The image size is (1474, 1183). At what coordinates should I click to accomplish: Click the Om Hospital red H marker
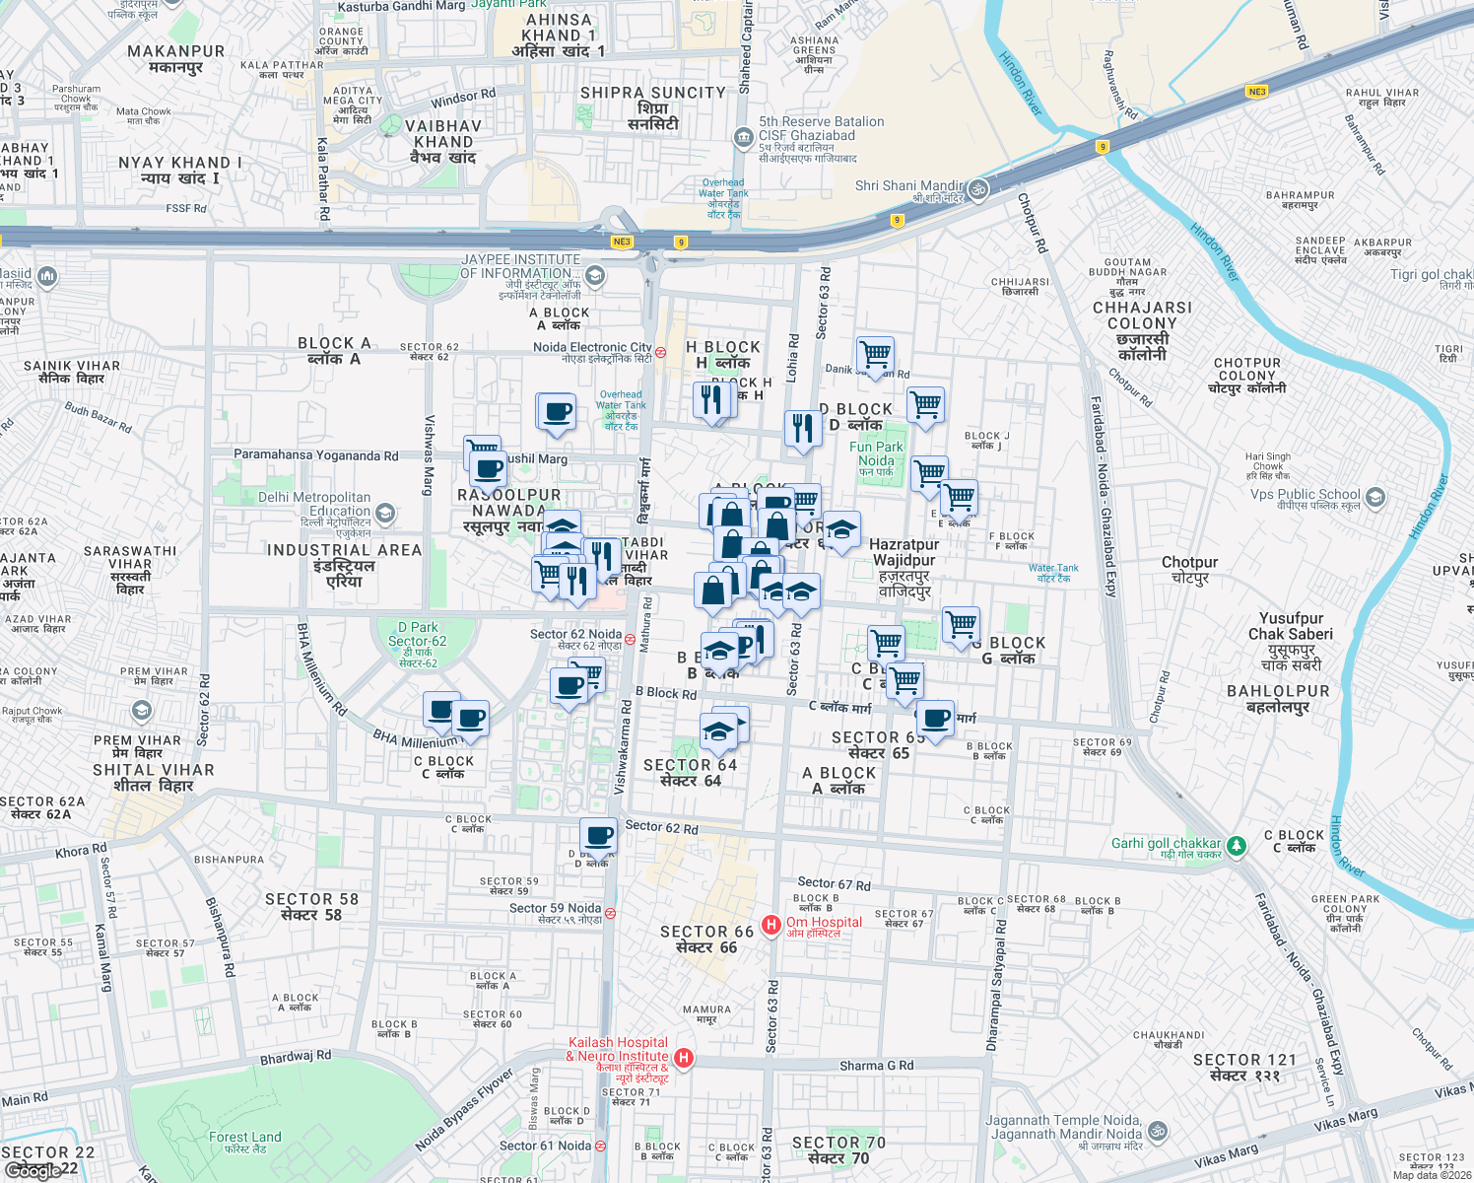[771, 925]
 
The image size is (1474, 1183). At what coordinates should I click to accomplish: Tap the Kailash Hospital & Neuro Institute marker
[684, 1058]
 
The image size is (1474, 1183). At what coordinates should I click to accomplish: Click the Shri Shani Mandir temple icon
[977, 190]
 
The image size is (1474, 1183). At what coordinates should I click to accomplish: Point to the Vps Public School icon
[1375, 497]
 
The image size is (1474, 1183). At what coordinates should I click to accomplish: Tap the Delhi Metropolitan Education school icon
[385, 513]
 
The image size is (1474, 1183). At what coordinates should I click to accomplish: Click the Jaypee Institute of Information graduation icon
[594, 274]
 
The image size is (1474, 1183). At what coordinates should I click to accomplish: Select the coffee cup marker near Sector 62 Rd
[598, 836]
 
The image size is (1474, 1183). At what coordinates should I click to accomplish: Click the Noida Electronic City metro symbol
[660, 351]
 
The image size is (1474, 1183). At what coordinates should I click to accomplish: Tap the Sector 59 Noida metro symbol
[610, 913]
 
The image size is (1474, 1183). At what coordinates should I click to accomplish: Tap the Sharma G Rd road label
[876, 1066]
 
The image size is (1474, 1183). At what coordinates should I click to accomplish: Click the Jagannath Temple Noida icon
[1158, 1131]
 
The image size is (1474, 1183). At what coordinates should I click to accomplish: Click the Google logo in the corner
[37, 1171]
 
